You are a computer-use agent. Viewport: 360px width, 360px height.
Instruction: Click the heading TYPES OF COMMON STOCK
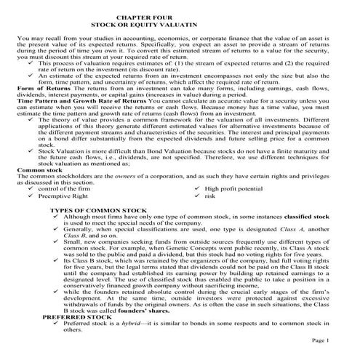(96, 210)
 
